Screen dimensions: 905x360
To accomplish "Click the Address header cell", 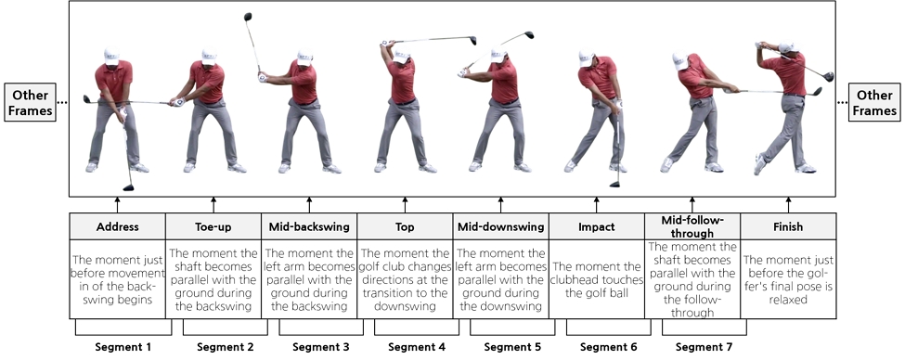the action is coord(117,226).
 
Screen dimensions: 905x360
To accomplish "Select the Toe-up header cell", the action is coord(213,226).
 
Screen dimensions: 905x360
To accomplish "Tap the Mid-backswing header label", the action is coord(309,226).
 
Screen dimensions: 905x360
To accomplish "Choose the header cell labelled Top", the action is coord(405,226).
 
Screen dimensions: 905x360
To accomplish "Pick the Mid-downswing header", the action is coord(501,226).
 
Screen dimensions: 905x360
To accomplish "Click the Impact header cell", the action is coord(597,226).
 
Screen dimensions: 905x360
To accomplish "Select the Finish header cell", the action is coord(788,226).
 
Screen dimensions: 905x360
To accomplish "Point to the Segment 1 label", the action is coord(123,347).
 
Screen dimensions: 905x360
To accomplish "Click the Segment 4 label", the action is coord(417,347).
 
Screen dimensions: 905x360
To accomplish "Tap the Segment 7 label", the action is coord(704,347).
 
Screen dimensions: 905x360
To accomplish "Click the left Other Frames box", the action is coord(31,102).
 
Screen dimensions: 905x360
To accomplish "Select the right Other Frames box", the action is coord(873,102).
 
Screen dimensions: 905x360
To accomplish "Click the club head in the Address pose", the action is coord(128,187).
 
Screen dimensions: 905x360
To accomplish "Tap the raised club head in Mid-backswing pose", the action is coord(248,17).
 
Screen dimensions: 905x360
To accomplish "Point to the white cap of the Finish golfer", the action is coord(785,47).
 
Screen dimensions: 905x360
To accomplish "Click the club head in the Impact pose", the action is coord(614,185).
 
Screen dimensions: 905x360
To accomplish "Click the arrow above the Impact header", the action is coord(597,205).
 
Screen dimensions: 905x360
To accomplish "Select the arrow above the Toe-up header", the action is coord(213,205).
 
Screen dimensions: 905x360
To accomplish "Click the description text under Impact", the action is coord(597,280).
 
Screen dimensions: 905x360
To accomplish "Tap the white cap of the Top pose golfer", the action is coord(402,56).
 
